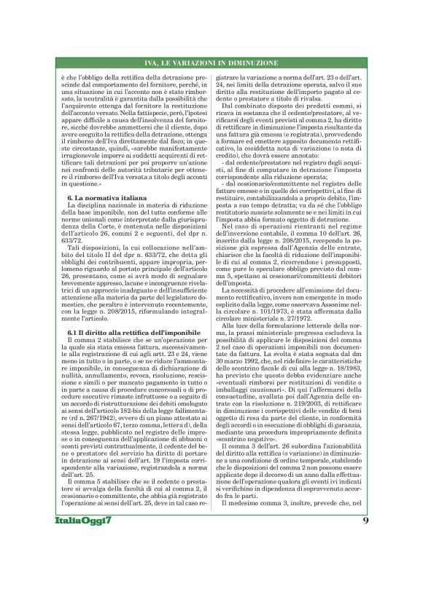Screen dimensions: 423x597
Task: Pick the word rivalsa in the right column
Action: pyautogui.click(x=308, y=97)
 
